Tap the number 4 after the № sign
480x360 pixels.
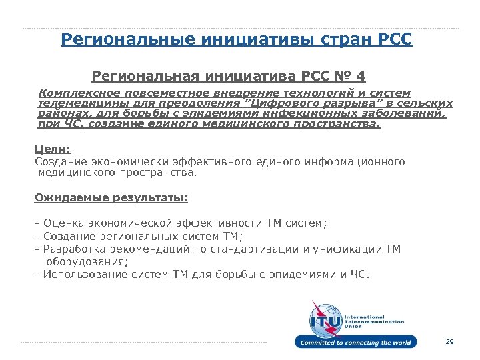coord(361,77)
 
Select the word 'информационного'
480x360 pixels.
coord(356,161)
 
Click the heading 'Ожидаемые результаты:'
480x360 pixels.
coord(111,197)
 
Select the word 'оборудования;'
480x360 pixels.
coord(81,261)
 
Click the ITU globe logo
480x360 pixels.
coord(324,319)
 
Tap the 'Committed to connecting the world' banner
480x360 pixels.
coord(355,343)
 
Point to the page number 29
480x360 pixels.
coord(449,342)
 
